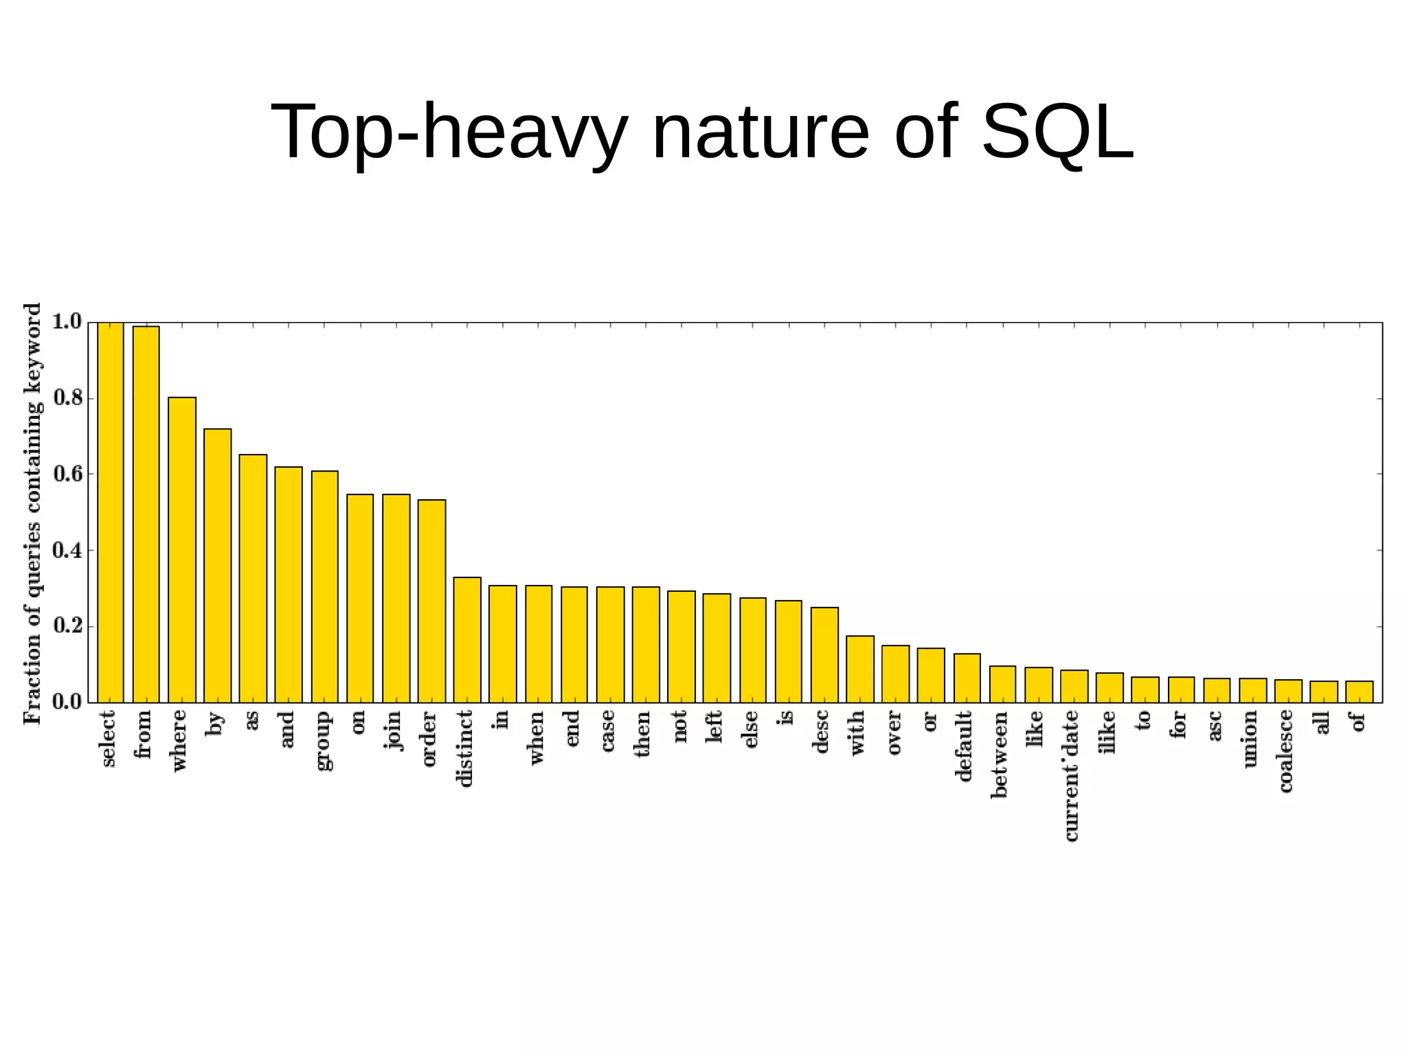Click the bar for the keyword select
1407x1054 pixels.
click(x=110, y=512)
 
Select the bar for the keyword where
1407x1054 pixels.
click(x=182, y=549)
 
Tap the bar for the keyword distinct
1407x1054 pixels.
click(x=467, y=640)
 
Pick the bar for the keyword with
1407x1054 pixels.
click(x=860, y=669)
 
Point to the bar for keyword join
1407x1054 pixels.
click(x=396, y=598)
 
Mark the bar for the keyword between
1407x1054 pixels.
click(x=1002, y=684)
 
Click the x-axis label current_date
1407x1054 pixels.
click(x=1071, y=775)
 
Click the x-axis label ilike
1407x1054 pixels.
click(x=1107, y=732)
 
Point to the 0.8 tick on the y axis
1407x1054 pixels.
click(x=67, y=398)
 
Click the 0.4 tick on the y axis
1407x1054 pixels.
click(x=67, y=551)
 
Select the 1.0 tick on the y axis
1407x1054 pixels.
click(x=67, y=321)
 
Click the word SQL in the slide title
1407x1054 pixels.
click(x=1057, y=131)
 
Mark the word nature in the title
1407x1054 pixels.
click(x=760, y=131)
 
